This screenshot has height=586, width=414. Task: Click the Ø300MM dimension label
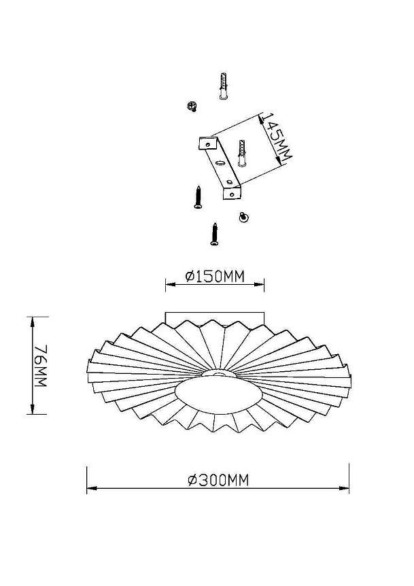pos(218,480)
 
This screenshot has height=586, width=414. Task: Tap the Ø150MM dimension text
pos(215,277)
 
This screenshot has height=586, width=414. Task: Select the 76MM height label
pos(41,366)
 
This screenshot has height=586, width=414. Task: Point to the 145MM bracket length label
pos(276,138)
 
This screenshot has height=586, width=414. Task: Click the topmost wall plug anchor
pos(224,86)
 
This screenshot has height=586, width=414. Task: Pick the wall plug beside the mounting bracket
pos(242,154)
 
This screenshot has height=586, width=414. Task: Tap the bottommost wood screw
pos(214,235)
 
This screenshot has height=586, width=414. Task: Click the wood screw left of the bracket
pos(199,197)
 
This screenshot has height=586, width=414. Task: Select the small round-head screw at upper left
pos(192,106)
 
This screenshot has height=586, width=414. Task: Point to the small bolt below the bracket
pos(244,217)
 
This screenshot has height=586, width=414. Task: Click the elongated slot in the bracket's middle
pos(220,163)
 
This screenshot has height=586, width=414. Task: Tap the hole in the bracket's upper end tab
pos(208,143)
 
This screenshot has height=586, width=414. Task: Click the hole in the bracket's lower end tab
pos(232,194)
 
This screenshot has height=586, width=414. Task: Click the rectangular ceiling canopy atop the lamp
pos(215,318)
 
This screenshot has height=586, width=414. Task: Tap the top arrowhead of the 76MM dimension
pos(33,322)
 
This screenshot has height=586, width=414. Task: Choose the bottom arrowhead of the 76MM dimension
pos(33,409)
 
